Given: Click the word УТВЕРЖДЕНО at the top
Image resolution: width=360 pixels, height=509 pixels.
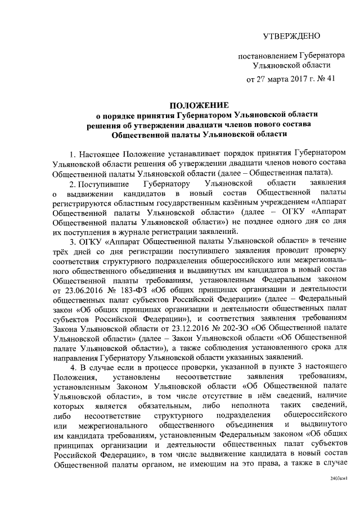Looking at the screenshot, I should coord(292,37).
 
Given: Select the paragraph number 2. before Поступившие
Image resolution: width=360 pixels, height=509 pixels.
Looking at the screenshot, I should coord(72,183).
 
